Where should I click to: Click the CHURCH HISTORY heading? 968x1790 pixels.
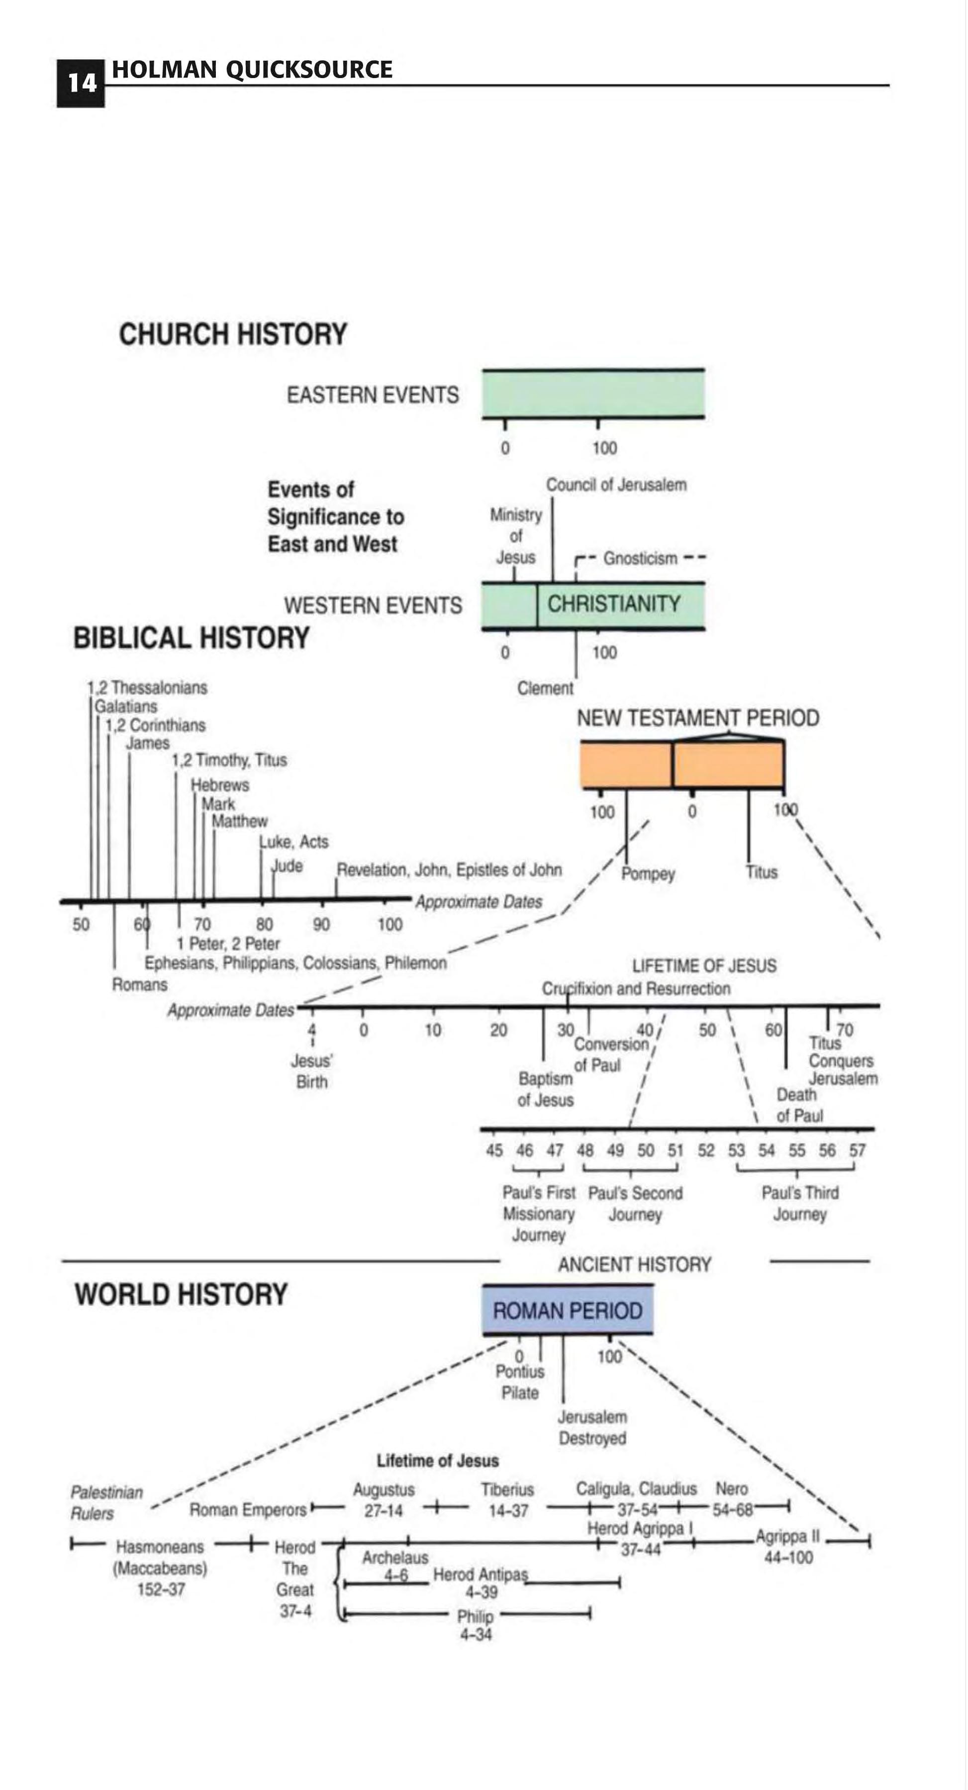[x=233, y=334]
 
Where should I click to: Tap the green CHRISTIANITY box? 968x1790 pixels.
[x=614, y=604]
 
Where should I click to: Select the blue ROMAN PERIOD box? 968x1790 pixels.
[x=568, y=1311]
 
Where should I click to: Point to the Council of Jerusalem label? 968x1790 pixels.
[x=616, y=485]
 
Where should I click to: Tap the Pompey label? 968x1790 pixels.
[x=648, y=873]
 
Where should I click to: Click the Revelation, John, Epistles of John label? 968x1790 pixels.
[x=449, y=870]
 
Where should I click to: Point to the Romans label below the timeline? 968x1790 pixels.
[x=140, y=985]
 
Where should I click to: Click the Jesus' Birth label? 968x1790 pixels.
[x=311, y=1071]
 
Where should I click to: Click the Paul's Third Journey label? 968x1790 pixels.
[x=800, y=1204]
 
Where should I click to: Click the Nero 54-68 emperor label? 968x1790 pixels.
[x=732, y=1500]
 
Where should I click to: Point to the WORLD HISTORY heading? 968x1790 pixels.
[x=181, y=1295]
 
